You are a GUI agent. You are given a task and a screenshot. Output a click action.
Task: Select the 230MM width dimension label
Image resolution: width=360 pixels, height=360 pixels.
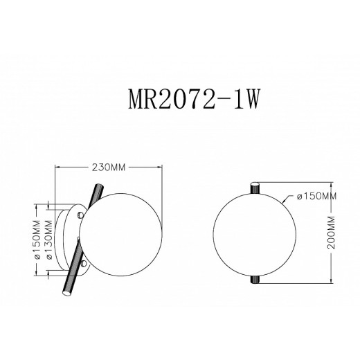[109, 168]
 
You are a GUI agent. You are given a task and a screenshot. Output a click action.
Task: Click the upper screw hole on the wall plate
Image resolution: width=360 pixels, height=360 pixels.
[81, 216]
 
